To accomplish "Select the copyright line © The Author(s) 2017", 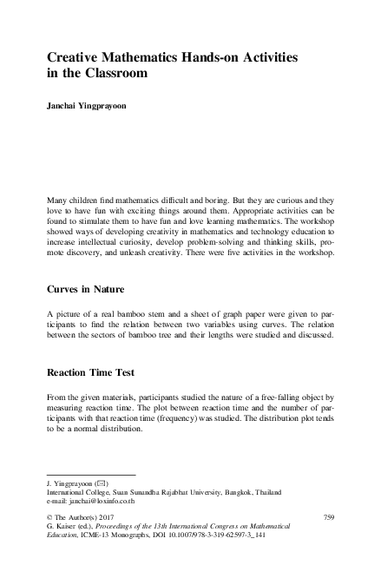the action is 85,517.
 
